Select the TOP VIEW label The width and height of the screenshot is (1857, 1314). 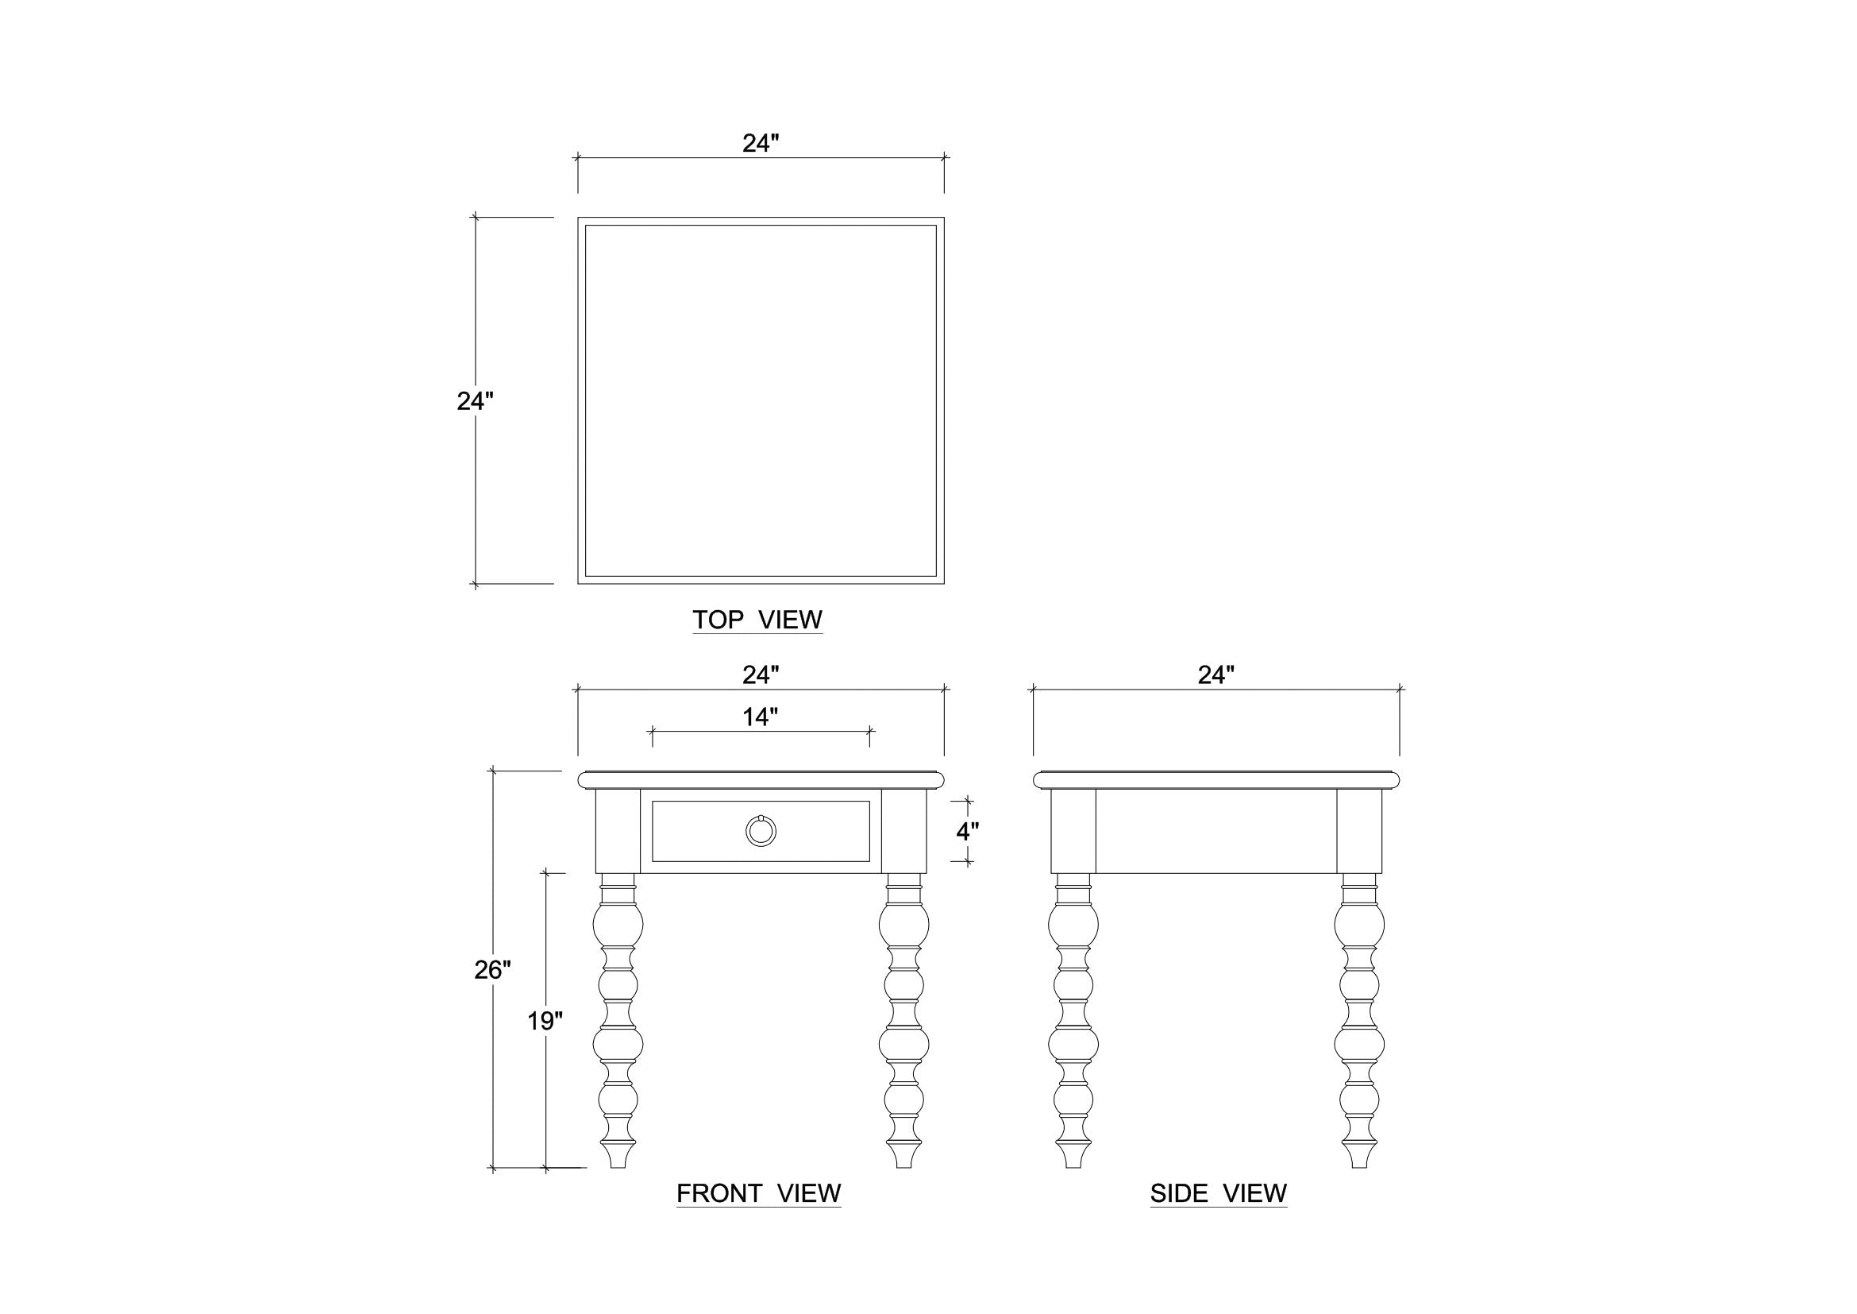(757, 620)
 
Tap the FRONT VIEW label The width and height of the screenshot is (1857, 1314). (759, 1193)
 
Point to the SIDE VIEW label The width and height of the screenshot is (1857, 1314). (1218, 1193)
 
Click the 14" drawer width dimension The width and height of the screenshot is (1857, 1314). (761, 716)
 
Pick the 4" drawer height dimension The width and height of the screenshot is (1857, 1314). (967, 831)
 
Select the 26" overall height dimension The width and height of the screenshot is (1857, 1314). (492, 969)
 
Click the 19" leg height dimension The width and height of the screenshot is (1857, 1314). (545, 1021)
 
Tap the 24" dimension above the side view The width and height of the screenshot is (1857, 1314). (1216, 674)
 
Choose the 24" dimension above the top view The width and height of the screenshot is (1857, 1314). (761, 143)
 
